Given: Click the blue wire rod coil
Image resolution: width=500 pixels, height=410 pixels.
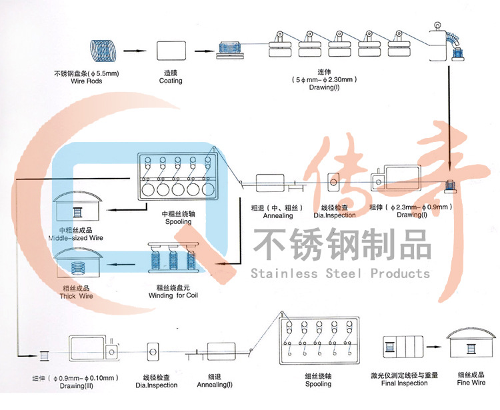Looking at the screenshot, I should coord(103,50).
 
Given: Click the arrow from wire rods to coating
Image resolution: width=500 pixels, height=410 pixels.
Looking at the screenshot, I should coord(135,51).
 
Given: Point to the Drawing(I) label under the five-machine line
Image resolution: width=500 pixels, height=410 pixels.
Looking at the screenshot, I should coord(324,87).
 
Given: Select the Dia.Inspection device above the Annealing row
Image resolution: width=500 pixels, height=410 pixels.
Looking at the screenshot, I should coord(334,182).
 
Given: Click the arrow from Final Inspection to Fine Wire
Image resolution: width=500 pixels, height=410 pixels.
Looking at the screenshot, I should coord(434,349).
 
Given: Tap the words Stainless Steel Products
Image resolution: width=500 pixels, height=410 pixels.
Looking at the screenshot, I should coord(340,273).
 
